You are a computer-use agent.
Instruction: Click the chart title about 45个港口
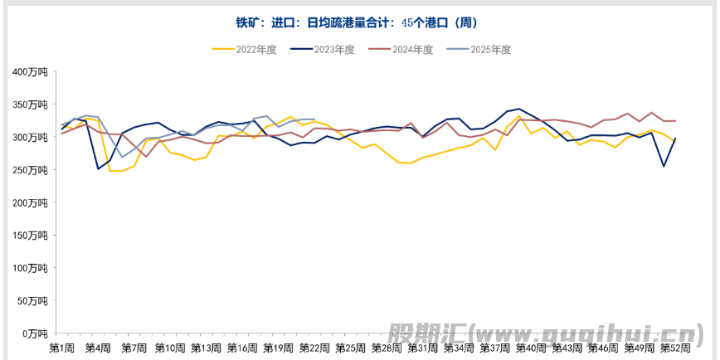pyautogui.click(x=359, y=22)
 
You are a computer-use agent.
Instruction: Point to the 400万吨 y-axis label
pyautogui.click(x=30, y=72)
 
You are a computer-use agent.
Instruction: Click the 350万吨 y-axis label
pyautogui.click(x=30, y=105)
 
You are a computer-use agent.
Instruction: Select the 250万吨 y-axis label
pyautogui.click(x=30, y=170)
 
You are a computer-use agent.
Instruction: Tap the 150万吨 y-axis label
pyautogui.click(x=30, y=236)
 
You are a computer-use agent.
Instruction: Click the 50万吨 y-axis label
pyautogui.click(x=32, y=301)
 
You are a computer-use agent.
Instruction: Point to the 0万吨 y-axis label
pyautogui.click(x=35, y=333)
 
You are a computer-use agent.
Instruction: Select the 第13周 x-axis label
pyautogui.click(x=206, y=347)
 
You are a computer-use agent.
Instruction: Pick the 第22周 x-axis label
pyautogui.click(x=314, y=347)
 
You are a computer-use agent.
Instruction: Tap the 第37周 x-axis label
pyautogui.click(x=494, y=347)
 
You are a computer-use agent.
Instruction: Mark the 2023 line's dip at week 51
pyautogui.click(x=664, y=166)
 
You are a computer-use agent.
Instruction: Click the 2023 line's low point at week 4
pyautogui.click(x=98, y=169)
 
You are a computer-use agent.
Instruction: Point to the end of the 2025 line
pyautogui.click(x=314, y=119)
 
